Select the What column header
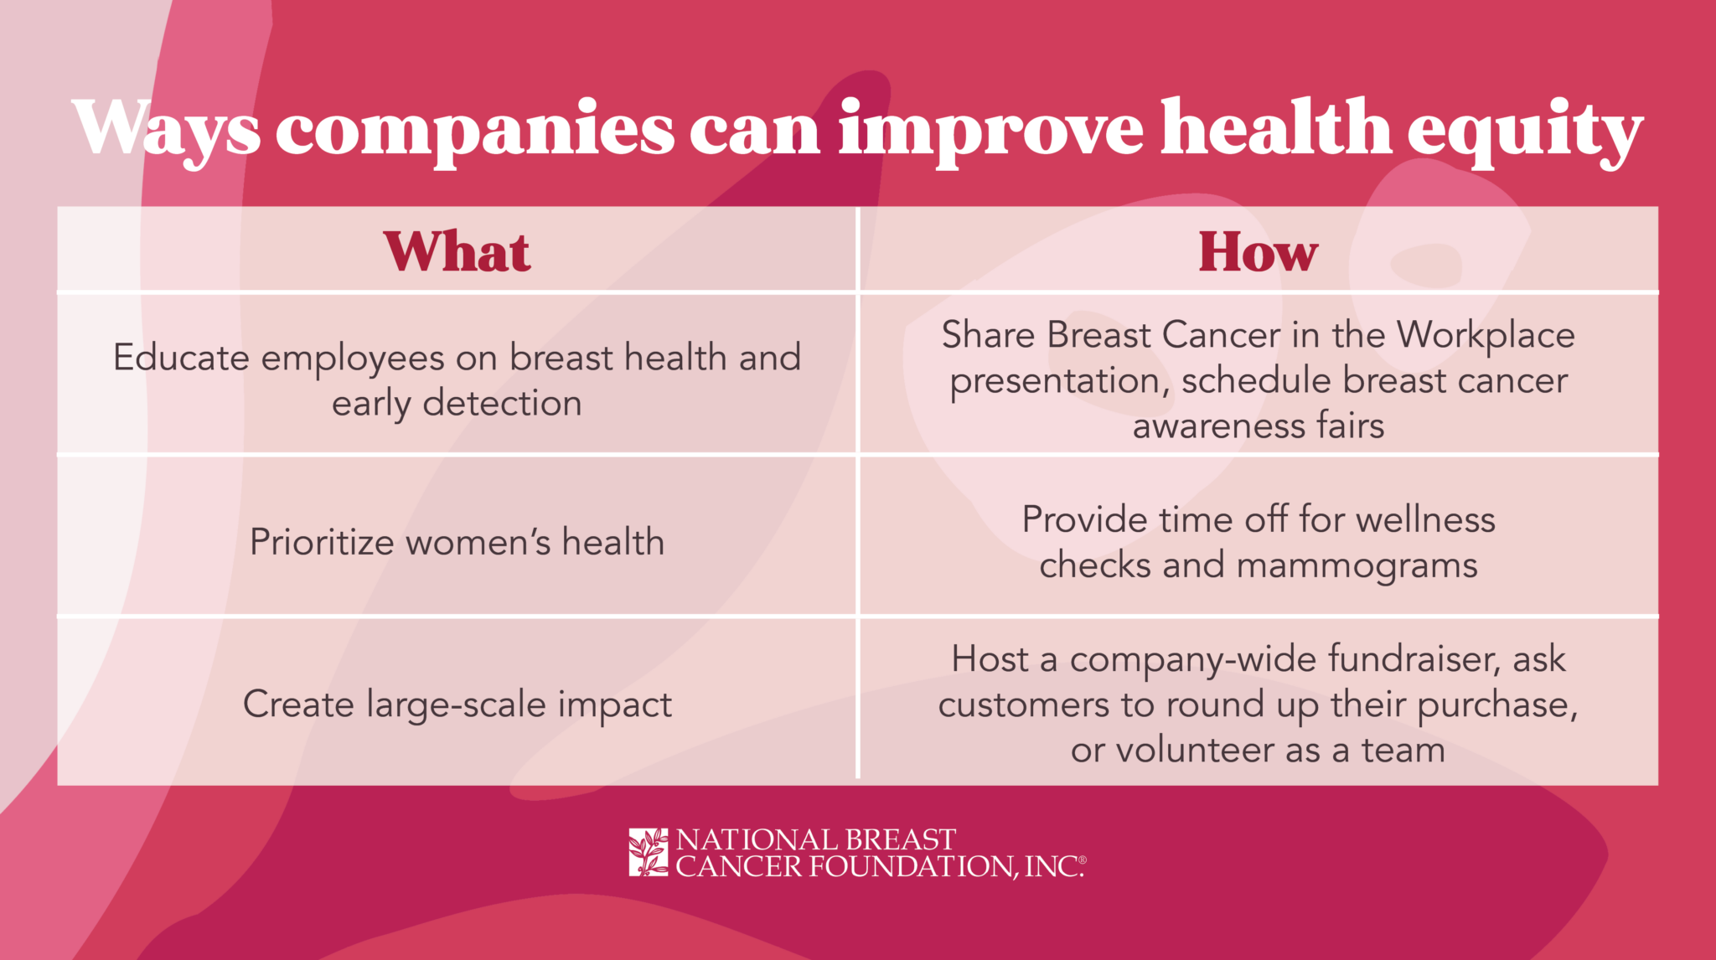point(457,251)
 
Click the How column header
point(1258,251)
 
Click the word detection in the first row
point(502,403)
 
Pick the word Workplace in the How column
point(1485,336)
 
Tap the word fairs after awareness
point(1350,426)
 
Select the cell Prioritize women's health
point(457,542)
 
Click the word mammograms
point(1357,565)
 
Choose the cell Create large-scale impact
point(457,704)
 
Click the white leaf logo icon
point(648,853)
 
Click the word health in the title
point(1275,129)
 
